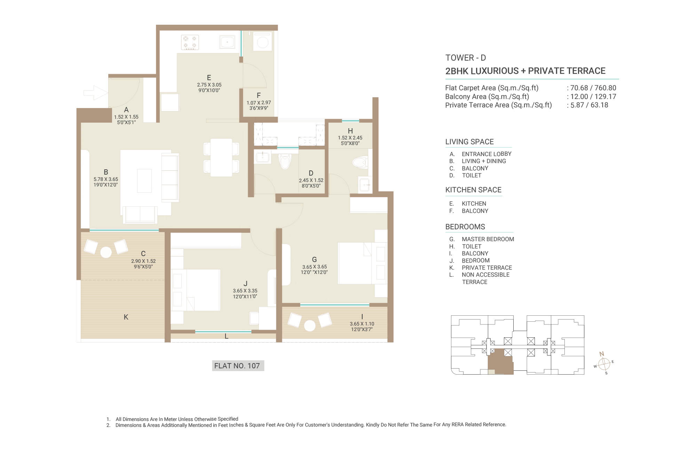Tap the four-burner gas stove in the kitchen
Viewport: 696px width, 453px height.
tap(190, 42)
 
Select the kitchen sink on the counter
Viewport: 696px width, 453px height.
tap(227, 42)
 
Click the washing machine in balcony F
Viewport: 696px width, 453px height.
tap(262, 42)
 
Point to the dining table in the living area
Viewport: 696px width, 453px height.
tap(221, 158)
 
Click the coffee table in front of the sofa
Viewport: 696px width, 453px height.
tap(144, 181)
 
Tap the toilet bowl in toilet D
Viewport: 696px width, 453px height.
tap(285, 161)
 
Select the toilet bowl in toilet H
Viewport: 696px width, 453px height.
tap(360, 162)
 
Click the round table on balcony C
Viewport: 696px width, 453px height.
tap(106, 252)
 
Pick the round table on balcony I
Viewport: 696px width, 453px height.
tap(310, 325)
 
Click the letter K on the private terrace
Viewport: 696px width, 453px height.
tap(126, 317)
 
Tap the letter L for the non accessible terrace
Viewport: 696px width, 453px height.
tap(227, 336)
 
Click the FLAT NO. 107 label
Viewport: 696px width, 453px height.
tap(237, 366)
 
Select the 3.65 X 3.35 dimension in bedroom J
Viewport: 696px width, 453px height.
tap(245, 291)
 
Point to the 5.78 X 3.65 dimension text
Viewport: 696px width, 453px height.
tap(106, 179)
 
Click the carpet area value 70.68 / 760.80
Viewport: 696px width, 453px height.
tap(593, 88)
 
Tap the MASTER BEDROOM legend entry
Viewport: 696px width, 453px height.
tap(488, 239)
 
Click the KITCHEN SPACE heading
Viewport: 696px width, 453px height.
tap(473, 190)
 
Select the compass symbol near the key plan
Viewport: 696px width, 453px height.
tap(604, 363)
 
